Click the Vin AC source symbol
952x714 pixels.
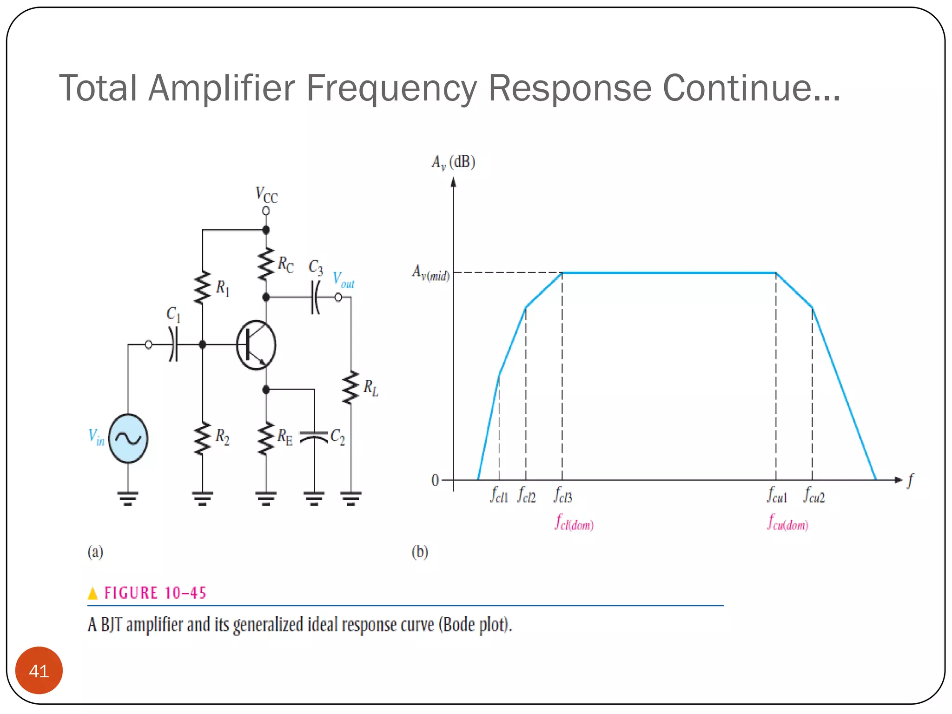point(128,438)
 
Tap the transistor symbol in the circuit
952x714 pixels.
point(256,345)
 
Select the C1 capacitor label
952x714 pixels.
point(173,315)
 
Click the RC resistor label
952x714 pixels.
point(285,264)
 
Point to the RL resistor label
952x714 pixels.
point(370,388)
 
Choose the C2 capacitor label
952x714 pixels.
point(337,437)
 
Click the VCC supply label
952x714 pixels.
point(266,195)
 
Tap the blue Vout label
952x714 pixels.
point(344,280)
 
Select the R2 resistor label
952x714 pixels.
point(222,437)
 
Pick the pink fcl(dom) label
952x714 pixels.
point(574,522)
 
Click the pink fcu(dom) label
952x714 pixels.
point(788,522)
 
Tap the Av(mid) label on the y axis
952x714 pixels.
point(430,273)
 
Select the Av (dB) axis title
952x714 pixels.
point(453,162)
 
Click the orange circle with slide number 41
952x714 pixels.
point(39,671)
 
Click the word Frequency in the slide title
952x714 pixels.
point(391,88)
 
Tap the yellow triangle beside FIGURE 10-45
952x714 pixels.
point(93,593)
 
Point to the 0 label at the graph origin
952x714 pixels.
point(435,480)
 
